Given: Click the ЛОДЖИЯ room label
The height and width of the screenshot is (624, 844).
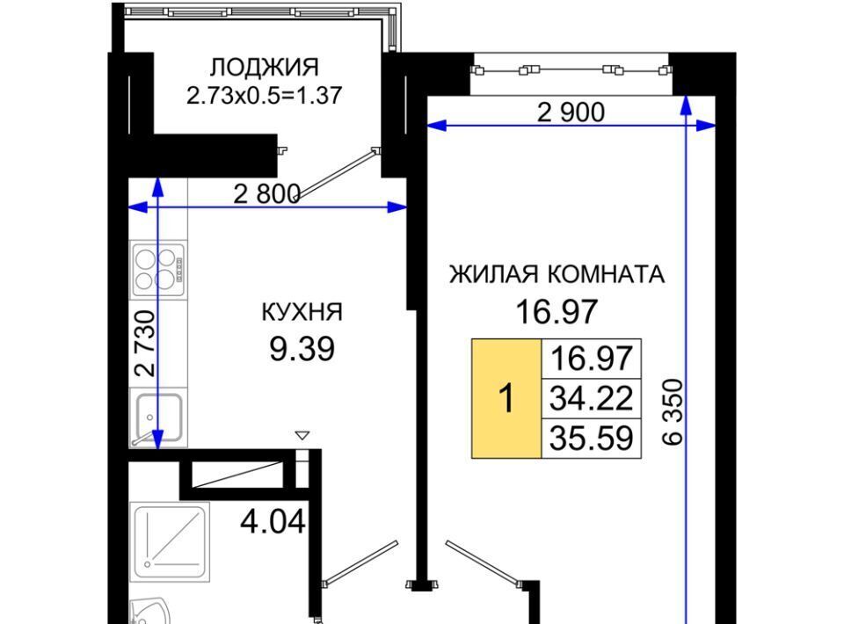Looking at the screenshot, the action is (264, 69).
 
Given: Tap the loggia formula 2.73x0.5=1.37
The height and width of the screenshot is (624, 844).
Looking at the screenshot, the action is (264, 96).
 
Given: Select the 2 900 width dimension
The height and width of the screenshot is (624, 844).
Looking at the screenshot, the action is (571, 112).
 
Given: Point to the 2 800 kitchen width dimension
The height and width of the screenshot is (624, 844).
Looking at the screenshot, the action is (266, 193).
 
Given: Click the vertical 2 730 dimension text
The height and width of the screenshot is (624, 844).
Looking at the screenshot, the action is (145, 343).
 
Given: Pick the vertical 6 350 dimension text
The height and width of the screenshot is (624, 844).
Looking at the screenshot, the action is (673, 412).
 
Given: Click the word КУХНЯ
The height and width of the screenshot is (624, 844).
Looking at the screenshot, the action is (302, 312).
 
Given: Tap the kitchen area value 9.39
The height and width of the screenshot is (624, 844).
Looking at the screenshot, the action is (302, 349).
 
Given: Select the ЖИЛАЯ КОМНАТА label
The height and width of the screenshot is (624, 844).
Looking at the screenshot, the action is (557, 274).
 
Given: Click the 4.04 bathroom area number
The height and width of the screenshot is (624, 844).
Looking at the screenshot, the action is (273, 521).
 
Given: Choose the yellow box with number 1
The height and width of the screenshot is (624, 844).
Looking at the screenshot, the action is (506, 399).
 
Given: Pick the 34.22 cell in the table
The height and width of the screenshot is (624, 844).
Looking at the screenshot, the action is (591, 399).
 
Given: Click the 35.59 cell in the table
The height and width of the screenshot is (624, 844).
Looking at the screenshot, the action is (591, 439).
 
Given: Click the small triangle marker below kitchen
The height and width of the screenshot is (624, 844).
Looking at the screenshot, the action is (302, 435).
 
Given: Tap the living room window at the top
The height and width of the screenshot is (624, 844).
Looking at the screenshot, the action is (571, 70).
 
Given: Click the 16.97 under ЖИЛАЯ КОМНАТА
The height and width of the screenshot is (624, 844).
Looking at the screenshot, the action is (557, 311).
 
